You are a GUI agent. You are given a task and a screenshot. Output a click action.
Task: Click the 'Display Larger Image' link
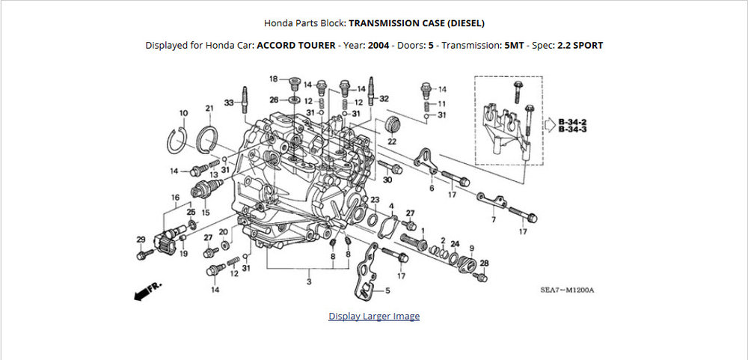[x=374, y=316]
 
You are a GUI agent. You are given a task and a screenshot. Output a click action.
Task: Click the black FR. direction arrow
[x=148, y=291]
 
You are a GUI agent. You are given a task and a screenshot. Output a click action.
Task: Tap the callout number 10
[x=184, y=113]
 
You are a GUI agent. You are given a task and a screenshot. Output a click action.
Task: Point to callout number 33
[x=230, y=103]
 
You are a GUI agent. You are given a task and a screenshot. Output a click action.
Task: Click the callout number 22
[x=392, y=141]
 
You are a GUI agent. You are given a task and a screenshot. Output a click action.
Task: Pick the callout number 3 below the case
[x=309, y=281]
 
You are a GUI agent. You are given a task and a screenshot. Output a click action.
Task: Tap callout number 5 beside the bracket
[x=387, y=290]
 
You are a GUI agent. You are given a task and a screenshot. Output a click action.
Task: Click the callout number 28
[x=484, y=263]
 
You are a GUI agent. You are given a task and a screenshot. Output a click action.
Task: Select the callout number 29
[x=141, y=240]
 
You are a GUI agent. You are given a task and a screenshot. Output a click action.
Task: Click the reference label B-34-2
[x=572, y=122]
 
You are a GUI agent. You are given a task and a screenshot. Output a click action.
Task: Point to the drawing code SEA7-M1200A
[x=567, y=290]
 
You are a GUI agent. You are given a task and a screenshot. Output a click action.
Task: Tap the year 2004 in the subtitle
[x=378, y=46]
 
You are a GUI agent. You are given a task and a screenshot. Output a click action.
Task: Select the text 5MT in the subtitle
[x=515, y=46]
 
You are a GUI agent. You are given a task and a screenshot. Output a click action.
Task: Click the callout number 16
[x=175, y=198]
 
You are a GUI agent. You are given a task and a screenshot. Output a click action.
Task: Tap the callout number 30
[x=387, y=180]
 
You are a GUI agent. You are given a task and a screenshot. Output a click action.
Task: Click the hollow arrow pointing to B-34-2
[x=551, y=125]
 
